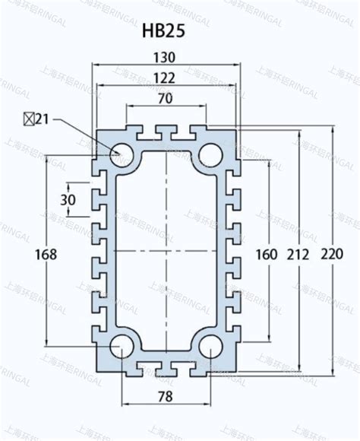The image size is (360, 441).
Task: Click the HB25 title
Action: [x=163, y=32]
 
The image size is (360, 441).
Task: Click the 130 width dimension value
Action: [x=164, y=57]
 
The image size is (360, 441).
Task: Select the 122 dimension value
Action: [x=164, y=77]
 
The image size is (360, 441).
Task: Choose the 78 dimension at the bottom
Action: [x=164, y=396]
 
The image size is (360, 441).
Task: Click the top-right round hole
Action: [x=210, y=154]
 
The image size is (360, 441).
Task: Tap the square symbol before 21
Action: [x=27, y=119]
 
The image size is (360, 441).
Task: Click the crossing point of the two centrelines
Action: [x=166, y=250]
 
